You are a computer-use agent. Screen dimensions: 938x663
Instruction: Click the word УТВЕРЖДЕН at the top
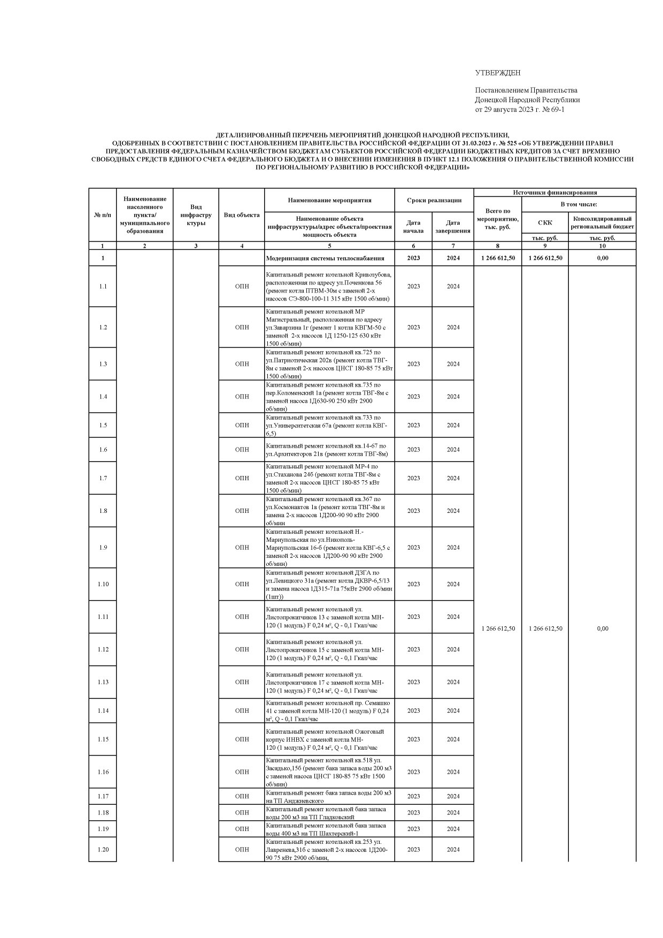click(x=497, y=73)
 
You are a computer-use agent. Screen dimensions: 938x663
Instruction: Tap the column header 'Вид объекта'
click(x=242, y=215)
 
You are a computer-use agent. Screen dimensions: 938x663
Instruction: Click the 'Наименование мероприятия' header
click(x=329, y=200)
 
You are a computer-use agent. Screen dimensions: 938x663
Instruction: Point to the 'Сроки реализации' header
click(x=434, y=200)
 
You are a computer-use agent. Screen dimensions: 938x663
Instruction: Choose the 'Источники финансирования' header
click(x=554, y=193)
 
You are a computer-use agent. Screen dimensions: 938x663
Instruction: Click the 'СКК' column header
click(x=545, y=222)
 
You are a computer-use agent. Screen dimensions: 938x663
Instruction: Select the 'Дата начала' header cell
click(x=413, y=227)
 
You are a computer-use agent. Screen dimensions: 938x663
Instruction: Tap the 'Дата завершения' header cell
click(x=453, y=227)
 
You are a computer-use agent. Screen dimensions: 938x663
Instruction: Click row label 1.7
click(x=103, y=478)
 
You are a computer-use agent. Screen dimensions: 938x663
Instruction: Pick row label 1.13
click(x=103, y=682)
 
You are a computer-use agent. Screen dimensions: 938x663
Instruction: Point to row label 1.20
click(x=103, y=849)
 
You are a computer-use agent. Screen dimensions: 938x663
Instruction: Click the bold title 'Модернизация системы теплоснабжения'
click(x=325, y=258)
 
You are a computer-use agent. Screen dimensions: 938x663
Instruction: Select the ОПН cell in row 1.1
click(x=242, y=286)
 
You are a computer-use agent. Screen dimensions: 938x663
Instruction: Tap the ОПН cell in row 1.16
click(x=242, y=772)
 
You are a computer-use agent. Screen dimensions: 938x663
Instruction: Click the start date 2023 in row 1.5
click(x=413, y=425)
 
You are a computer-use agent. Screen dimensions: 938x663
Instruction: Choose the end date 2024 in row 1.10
click(x=453, y=584)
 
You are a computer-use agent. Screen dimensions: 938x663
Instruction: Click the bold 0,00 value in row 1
click(x=602, y=258)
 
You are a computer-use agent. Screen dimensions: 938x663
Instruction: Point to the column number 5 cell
click(x=329, y=246)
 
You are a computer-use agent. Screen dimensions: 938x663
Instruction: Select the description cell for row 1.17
click(x=329, y=796)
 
